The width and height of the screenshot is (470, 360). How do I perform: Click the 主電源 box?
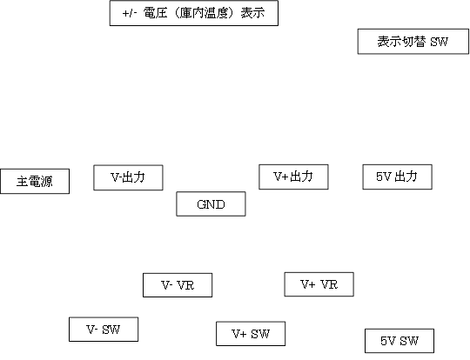[x=35, y=181]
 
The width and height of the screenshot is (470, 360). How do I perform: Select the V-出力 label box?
[x=128, y=177]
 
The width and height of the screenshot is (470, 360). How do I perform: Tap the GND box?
[x=211, y=203]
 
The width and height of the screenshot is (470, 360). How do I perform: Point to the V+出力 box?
[x=294, y=177]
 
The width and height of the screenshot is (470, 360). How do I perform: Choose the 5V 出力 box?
[x=398, y=177]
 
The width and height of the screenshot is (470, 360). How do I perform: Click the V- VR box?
[x=178, y=285]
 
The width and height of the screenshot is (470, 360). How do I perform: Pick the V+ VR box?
[x=319, y=284]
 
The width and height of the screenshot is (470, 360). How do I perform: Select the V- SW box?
[x=104, y=330]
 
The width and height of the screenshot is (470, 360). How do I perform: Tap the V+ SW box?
[x=251, y=334]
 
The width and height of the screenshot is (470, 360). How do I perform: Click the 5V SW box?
[x=399, y=341]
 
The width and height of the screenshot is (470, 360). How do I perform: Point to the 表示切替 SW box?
[x=413, y=42]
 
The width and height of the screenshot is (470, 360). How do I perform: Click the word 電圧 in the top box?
[x=155, y=13]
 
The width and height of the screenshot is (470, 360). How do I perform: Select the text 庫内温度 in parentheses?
[x=205, y=13]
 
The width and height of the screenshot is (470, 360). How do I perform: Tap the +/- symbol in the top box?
[x=130, y=14]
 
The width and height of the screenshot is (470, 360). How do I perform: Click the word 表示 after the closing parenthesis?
[x=252, y=13]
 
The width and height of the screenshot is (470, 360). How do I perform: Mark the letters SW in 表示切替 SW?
[x=440, y=42]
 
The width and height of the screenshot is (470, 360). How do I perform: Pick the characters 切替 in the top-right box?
[x=413, y=42]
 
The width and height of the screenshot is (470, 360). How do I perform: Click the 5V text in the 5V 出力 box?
[x=384, y=177]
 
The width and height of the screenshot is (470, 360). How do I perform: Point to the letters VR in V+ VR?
[x=329, y=284]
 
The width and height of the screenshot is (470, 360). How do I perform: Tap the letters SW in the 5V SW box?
[x=409, y=341]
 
